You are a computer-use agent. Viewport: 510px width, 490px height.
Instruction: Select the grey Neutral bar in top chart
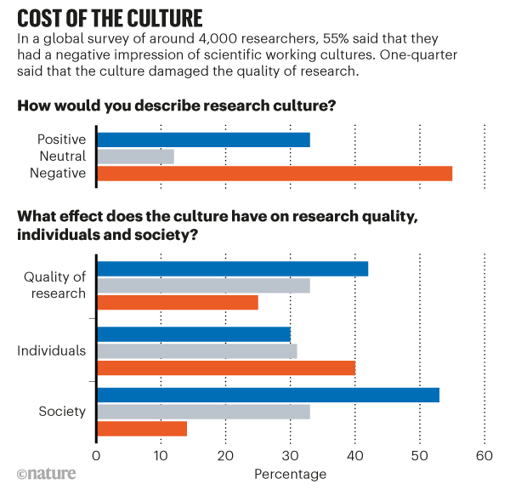point(136,157)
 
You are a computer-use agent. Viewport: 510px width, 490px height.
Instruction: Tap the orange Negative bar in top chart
point(274,174)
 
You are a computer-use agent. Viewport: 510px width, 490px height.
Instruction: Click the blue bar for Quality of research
point(232,269)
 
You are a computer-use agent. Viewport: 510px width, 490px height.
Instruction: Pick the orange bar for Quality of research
point(177,302)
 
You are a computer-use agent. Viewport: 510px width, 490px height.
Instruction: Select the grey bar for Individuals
point(196,350)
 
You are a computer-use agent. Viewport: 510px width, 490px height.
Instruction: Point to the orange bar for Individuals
point(225,367)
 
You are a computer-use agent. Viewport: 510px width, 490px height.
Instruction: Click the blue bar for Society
point(268,395)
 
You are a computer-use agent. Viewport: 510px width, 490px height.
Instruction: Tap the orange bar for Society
point(141,428)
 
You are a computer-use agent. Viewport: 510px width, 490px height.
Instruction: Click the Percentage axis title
point(290,473)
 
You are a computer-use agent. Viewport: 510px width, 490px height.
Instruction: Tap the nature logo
point(45,473)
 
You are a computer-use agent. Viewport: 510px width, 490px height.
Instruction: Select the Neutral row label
point(63,157)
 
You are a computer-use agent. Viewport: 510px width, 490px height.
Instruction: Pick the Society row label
point(62,412)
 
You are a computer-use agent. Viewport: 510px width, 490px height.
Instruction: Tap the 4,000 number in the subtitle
point(211,41)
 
